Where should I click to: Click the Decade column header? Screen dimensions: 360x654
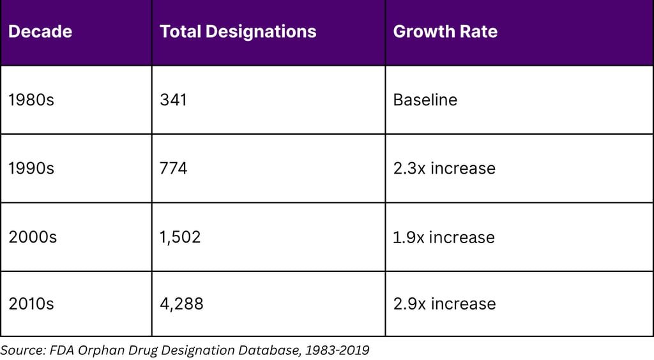pos(40,32)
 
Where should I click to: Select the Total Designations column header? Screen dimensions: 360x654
pos(238,32)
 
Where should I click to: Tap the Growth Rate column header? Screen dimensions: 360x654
pos(445,32)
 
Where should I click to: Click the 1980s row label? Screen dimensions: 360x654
pos(31,100)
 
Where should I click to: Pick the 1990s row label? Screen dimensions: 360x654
pos(31,169)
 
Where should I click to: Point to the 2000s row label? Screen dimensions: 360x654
pos(33,237)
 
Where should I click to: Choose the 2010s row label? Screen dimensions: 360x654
pos(31,304)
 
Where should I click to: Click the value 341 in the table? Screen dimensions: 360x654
pos(173,100)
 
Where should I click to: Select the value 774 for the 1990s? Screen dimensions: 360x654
pos(174,169)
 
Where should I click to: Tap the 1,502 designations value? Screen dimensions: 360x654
pos(180,237)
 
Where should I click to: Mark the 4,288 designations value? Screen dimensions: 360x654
pos(181,304)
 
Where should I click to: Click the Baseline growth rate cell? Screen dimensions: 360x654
pos(425,100)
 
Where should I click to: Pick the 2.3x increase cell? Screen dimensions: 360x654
pos(444,169)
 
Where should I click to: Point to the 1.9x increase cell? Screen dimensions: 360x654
pos(444,237)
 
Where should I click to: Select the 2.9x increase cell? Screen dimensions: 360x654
pos(444,304)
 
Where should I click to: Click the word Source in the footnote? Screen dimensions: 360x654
pos(20,350)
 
